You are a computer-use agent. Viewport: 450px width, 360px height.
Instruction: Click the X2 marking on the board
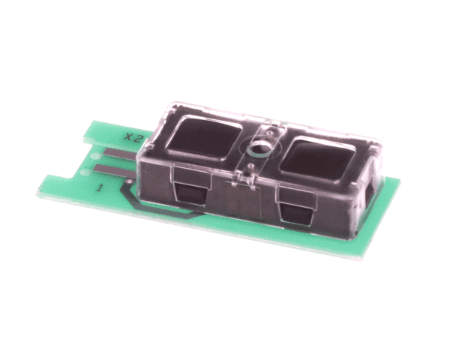(x=133, y=138)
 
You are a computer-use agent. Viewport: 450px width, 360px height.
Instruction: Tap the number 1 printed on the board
(x=100, y=188)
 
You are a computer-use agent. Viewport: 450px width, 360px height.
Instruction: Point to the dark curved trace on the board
(x=155, y=208)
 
